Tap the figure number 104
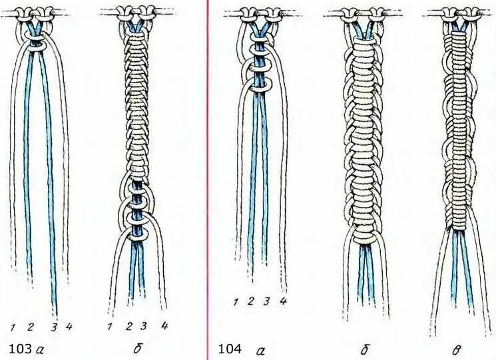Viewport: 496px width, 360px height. pos(230,349)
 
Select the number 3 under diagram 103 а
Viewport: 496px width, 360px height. pos(55,327)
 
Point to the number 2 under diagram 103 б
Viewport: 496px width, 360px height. pos(128,326)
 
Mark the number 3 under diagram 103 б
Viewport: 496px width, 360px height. pos(143,326)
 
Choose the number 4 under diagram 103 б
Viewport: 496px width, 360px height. pos(164,325)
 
